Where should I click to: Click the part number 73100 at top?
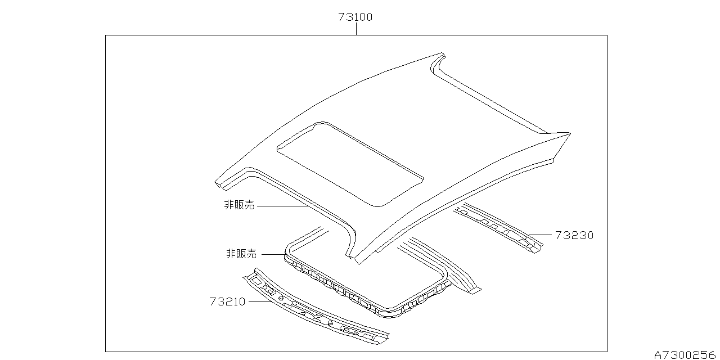355,17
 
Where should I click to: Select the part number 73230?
574,235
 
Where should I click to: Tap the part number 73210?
227,301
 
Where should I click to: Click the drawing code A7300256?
686,354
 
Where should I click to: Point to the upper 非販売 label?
239,205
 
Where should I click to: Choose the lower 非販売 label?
241,254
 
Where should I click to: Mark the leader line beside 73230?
541,235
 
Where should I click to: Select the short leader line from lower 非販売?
274,254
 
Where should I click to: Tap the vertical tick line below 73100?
356,29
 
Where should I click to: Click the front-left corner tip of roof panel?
217,182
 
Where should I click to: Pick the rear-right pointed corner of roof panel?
569,134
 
